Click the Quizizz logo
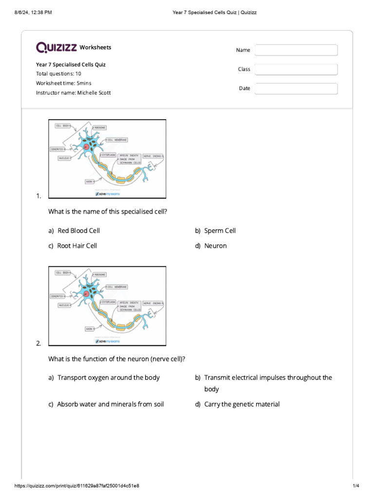click(56, 47)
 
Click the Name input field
click(296, 50)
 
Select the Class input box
click(296, 70)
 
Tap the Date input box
click(296, 89)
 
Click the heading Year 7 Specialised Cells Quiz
click(71, 64)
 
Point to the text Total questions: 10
click(58, 73)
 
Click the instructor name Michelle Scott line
click(73, 92)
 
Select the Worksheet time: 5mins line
click(63, 83)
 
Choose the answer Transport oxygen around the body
click(108, 377)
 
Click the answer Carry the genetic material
click(242, 404)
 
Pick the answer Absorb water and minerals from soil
click(110, 404)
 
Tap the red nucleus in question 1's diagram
click(87, 146)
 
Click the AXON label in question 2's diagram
click(89, 328)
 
